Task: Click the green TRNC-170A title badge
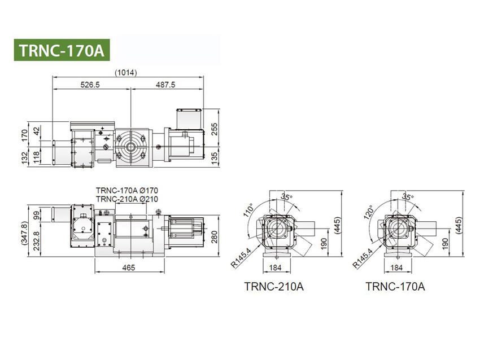click(x=61, y=50)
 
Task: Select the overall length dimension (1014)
click(x=125, y=72)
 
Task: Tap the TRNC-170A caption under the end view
click(x=395, y=287)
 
